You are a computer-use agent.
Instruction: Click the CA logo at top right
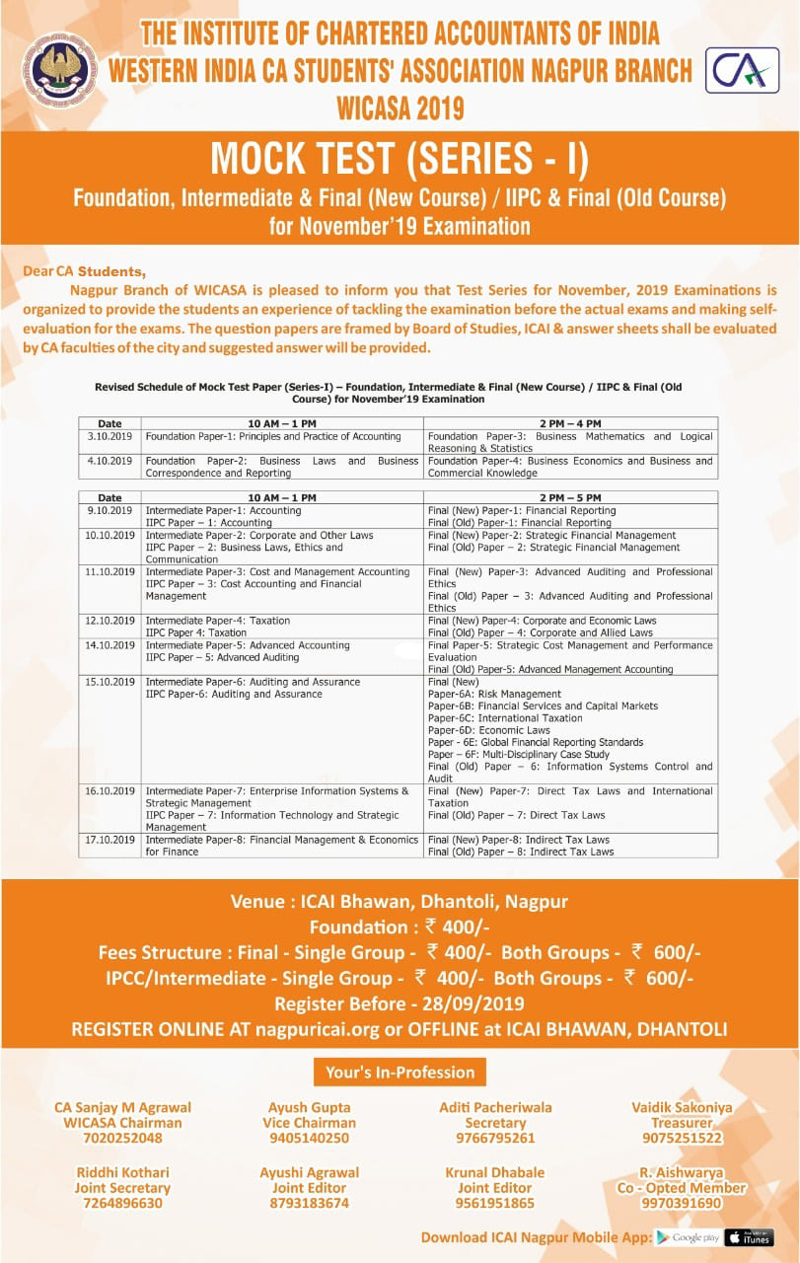click(x=742, y=71)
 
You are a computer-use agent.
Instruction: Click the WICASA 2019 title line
click(x=400, y=106)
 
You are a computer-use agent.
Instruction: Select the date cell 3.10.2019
click(x=109, y=436)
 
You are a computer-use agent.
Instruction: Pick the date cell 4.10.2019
click(x=109, y=461)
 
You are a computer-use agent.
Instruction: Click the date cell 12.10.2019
click(x=109, y=621)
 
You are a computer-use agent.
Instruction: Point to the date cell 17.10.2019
click(x=109, y=840)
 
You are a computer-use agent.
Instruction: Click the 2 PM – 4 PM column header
click(x=570, y=423)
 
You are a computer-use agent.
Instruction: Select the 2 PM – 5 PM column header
click(x=570, y=498)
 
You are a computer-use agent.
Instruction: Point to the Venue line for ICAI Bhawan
click(x=400, y=901)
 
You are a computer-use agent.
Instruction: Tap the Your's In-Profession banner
click(x=400, y=1072)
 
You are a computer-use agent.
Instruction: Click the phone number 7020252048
click(x=122, y=1138)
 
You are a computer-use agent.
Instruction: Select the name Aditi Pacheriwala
click(x=495, y=1107)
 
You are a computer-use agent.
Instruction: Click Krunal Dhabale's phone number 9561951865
click(x=495, y=1203)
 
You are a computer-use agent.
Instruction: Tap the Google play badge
click(x=688, y=1237)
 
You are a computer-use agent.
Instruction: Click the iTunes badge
click(x=749, y=1237)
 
